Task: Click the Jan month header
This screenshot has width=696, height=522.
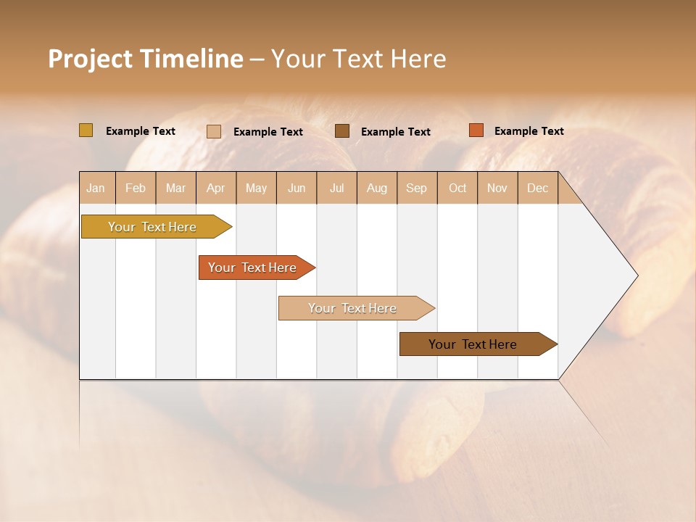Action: click(x=96, y=188)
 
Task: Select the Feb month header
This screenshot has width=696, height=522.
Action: click(x=136, y=188)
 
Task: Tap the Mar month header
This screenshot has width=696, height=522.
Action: click(x=175, y=188)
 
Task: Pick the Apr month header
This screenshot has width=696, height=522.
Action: click(x=216, y=188)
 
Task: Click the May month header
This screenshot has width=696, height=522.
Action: click(x=256, y=188)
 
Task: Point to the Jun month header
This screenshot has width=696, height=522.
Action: click(x=297, y=188)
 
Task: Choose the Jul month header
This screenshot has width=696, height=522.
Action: click(x=336, y=188)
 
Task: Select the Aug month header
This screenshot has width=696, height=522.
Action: click(x=377, y=188)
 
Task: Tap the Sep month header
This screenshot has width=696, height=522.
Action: click(x=417, y=188)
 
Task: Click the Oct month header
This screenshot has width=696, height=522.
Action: click(x=457, y=188)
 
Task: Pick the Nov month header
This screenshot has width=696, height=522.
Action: click(x=497, y=188)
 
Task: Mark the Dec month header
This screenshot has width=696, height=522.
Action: click(x=538, y=188)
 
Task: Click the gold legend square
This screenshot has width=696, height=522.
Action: click(x=86, y=130)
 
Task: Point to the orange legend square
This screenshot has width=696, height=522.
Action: click(x=476, y=130)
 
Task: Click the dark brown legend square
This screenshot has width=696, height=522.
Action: click(x=342, y=131)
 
